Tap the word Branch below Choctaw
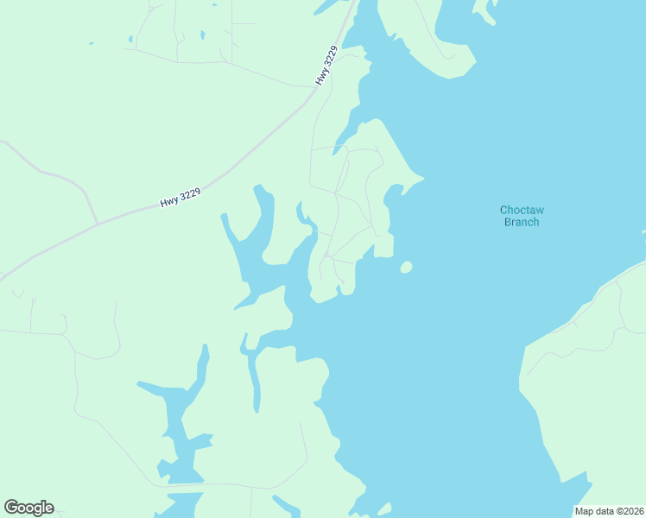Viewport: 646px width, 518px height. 521,222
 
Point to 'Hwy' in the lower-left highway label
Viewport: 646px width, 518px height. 168,202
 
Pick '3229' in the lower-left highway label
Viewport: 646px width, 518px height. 190,193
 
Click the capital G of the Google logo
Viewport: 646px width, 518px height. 12,508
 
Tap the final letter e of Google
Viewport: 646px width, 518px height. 49,509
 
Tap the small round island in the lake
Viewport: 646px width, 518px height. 406,268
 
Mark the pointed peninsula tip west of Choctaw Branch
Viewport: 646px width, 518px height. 421,179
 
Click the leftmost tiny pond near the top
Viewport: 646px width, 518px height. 90,42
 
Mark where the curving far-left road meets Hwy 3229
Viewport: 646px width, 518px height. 97,223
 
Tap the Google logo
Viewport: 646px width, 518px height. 28,508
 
